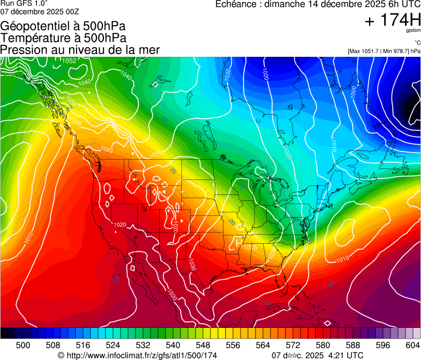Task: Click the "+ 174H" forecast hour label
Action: pyautogui.click(x=393, y=20)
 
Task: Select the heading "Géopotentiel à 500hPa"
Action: pyautogui.click(x=63, y=26)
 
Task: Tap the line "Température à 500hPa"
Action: pyautogui.click(x=63, y=38)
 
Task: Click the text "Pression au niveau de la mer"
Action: pyautogui.click(x=80, y=50)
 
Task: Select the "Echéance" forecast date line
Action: pyautogui.click(x=318, y=4)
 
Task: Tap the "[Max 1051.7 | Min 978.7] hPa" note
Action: pyautogui.click(x=384, y=51)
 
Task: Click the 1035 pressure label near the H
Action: pyautogui.click(x=250, y=247)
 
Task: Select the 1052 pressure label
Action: pyautogui.click(x=70, y=61)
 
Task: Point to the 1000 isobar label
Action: pyautogui.click(x=353, y=92)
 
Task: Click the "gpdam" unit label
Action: pyautogui.click(x=414, y=31)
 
